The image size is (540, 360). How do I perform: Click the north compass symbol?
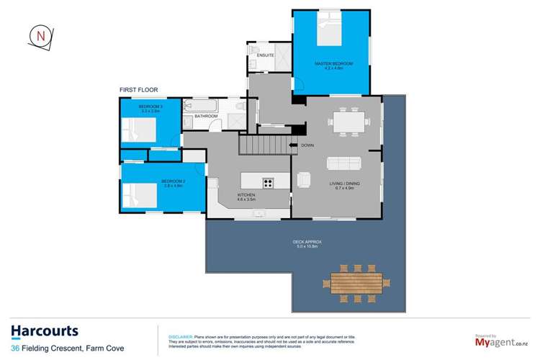tap(40, 36)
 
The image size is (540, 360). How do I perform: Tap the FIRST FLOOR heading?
tap(138, 90)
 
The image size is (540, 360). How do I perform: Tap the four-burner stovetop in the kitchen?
tap(268, 181)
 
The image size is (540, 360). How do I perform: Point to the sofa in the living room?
tap(344, 162)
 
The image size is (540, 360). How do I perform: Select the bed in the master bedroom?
tap(332, 35)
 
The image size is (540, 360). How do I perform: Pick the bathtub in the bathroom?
tap(194, 105)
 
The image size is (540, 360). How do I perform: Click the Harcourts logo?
tap(45, 331)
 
